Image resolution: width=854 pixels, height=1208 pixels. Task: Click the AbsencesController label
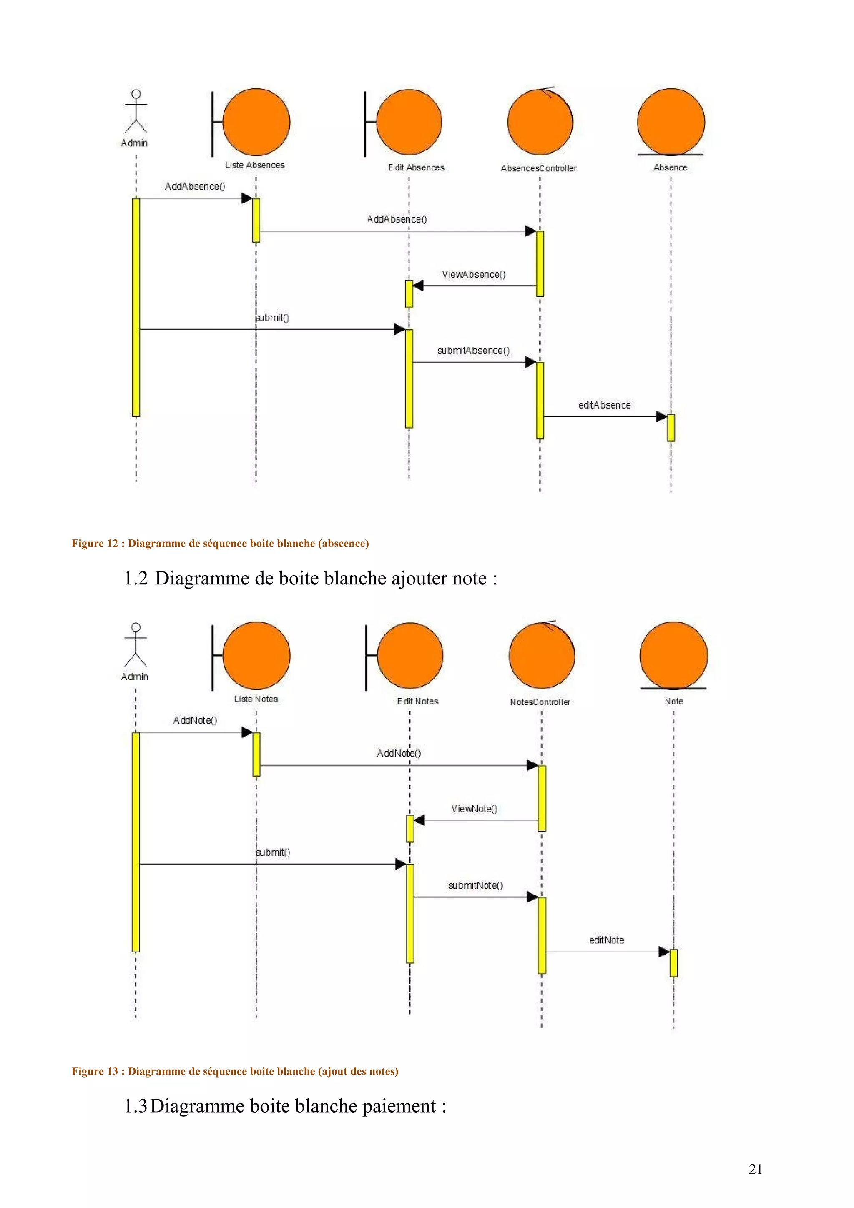click(538, 168)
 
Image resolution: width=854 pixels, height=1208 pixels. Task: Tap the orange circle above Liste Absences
click(256, 122)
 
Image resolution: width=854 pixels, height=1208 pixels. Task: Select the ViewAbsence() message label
click(474, 275)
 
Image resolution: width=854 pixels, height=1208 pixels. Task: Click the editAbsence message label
click(604, 405)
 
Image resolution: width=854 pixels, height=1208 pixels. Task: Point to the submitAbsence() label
click(473, 351)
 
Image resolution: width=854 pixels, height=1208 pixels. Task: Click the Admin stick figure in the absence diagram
click(136, 112)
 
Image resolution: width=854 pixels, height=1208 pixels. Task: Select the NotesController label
click(540, 702)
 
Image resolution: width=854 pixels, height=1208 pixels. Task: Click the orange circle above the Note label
click(673, 656)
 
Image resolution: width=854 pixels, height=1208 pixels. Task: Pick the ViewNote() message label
click(474, 809)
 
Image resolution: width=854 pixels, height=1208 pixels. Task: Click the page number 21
click(755, 1169)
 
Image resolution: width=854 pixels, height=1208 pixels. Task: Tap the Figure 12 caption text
click(220, 544)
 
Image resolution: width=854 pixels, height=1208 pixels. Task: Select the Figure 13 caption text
click(235, 1071)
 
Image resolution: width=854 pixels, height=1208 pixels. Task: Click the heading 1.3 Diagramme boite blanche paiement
click(285, 1106)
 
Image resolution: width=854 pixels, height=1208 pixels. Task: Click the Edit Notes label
click(417, 702)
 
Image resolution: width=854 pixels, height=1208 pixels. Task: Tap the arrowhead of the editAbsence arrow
click(661, 417)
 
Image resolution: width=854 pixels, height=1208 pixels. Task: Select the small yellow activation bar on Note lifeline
click(673, 963)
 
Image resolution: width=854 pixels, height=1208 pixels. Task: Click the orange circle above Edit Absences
click(409, 122)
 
